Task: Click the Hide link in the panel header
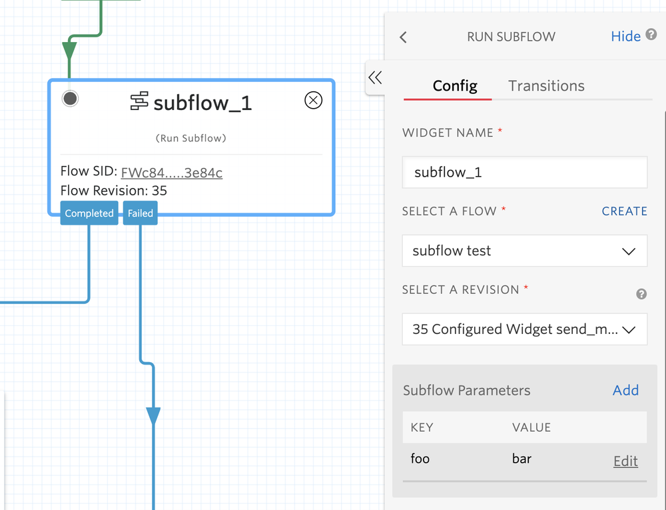coord(625,37)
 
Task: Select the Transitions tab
coord(546,86)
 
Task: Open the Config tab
coord(455,86)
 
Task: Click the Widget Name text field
coord(525,173)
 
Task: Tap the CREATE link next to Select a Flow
coord(624,211)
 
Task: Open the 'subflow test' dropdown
coord(525,251)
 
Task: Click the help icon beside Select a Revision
coord(641,294)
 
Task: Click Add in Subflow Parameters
coord(625,391)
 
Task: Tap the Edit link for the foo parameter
coord(625,461)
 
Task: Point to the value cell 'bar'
coord(521,459)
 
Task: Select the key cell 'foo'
coord(420,459)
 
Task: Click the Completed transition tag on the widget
coord(89,213)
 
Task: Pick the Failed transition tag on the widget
coord(141,213)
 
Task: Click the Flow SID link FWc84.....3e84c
coord(172,173)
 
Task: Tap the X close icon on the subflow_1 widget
coord(313,100)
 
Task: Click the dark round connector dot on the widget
coord(70,99)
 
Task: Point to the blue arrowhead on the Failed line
coord(153,417)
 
